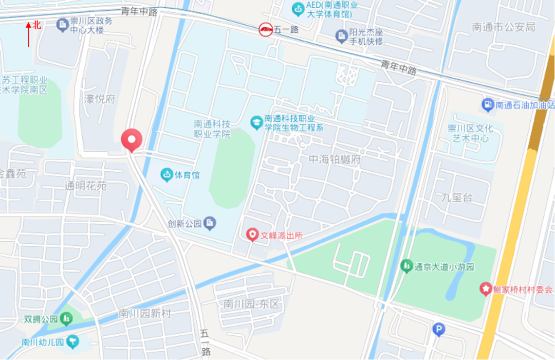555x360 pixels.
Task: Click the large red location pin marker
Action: coord(131,139)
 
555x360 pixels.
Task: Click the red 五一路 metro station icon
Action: coord(265,29)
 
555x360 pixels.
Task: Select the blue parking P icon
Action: coord(438,330)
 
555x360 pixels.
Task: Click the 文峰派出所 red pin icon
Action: coord(252,235)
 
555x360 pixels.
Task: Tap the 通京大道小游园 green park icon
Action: coord(406,266)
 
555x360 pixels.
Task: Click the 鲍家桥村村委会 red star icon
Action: coord(485,289)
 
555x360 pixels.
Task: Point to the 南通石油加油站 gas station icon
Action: coord(487,105)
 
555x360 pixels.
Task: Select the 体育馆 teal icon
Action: coord(166,175)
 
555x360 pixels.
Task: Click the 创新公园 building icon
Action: coord(210,223)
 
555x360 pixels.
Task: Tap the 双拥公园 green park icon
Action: coord(66,319)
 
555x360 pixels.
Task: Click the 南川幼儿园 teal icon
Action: coord(73,340)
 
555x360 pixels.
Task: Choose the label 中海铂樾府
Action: coord(335,159)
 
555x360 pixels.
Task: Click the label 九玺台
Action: coord(457,197)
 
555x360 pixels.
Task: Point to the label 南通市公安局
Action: coord(504,27)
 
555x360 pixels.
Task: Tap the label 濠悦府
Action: coord(100,99)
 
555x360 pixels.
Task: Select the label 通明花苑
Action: coord(85,186)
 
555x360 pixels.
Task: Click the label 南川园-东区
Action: coord(251,304)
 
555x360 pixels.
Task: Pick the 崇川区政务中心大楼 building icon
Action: coord(63,24)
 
